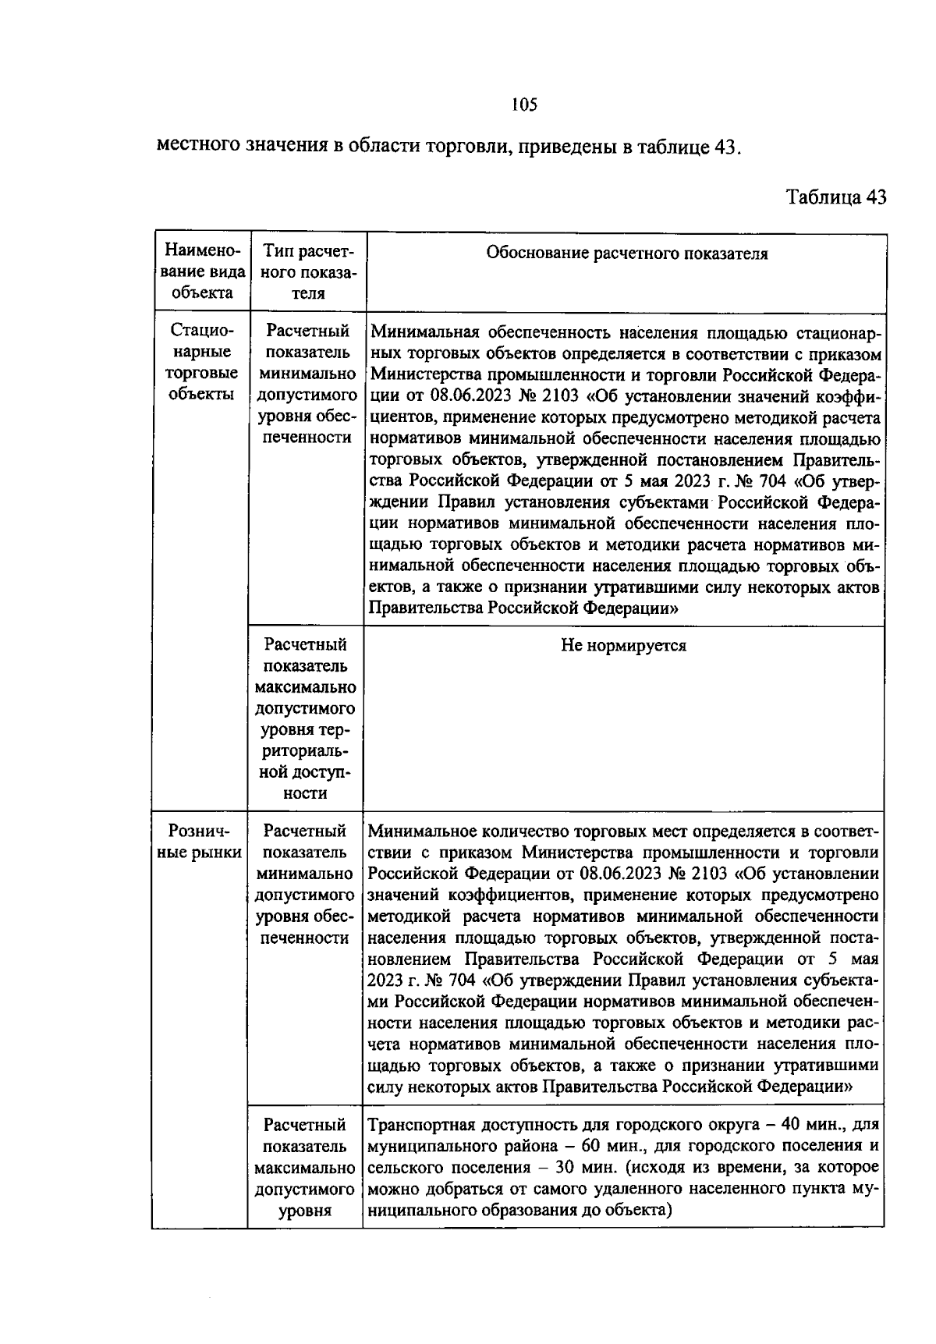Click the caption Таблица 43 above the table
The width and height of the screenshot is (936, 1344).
pyautogui.click(x=836, y=197)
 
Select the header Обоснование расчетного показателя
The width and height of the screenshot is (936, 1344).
pyautogui.click(x=626, y=254)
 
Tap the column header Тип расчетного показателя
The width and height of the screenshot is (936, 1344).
pyautogui.click(x=308, y=272)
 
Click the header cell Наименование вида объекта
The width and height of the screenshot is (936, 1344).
pyautogui.click(x=202, y=272)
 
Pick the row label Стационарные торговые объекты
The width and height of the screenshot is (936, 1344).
pyautogui.click(x=202, y=362)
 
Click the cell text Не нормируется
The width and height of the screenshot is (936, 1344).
pyautogui.click(x=624, y=646)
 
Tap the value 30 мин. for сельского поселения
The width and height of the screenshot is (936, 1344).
pyautogui.click(x=584, y=1168)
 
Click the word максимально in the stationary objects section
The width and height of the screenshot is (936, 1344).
pyautogui.click(x=306, y=688)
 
